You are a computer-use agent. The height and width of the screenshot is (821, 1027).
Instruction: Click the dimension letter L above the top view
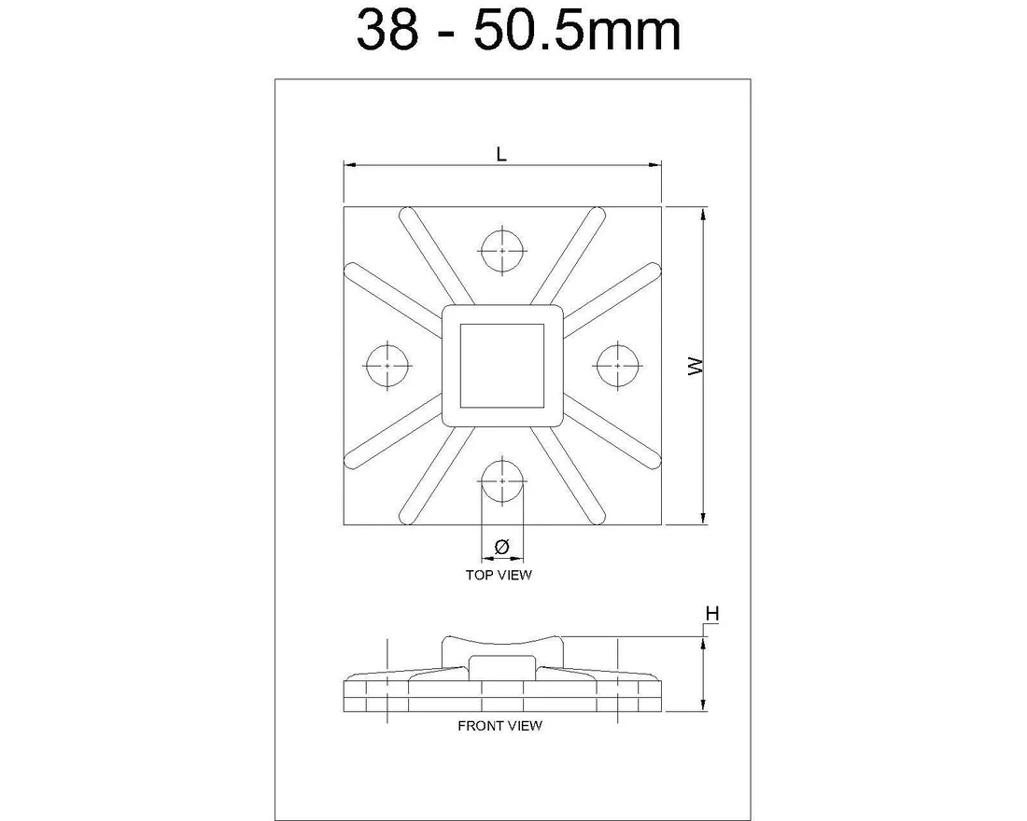tap(501, 154)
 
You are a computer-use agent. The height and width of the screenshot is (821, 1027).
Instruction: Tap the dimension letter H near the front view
tap(712, 614)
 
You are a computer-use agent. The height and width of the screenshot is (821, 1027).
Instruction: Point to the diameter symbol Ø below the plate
tap(501, 547)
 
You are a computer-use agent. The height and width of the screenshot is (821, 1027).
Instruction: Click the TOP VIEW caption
tap(499, 575)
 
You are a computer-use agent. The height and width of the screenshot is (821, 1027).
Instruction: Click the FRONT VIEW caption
tap(499, 725)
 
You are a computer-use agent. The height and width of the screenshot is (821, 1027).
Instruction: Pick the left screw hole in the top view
tap(387, 366)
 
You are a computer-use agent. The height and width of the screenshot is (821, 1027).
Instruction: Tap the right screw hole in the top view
tap(617, 366)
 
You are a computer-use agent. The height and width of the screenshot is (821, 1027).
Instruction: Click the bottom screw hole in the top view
tap(502, 480)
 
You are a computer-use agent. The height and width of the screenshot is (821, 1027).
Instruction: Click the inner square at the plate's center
tap(501, 366)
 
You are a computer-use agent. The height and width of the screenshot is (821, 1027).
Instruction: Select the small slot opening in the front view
tap(501, 667)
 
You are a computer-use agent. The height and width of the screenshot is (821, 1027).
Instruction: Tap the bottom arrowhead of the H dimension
tap(703, 706)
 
